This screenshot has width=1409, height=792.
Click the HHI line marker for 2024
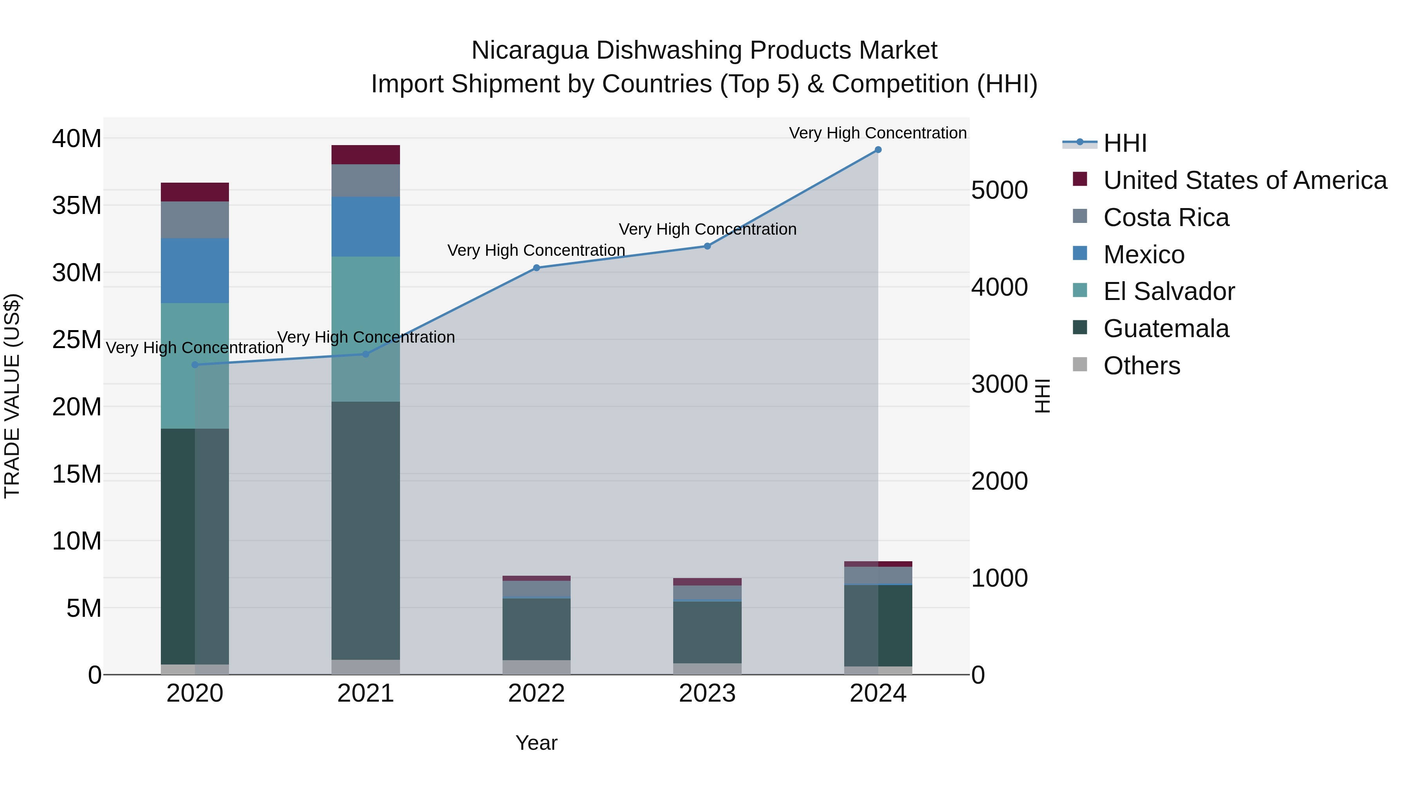click(878, 150)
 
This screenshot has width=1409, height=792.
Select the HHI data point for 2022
click(537, 268)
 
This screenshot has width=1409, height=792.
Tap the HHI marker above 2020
click(195, 365)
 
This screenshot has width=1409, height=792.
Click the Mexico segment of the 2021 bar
click(366, 226)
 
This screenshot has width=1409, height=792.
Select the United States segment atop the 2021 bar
click(366, 154)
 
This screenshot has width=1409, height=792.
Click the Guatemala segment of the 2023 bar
click(707, 632)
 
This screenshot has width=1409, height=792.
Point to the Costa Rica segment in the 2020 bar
click(195, 220)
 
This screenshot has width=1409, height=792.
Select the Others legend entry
click(1142, 366)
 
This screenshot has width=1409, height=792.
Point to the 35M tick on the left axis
click(77, 205)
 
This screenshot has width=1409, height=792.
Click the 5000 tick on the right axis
click(999, 191)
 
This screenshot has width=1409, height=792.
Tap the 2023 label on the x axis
click(707, 693)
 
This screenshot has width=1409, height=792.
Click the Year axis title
click(536, 743)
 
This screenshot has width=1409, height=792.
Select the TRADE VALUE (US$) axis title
click(12, 396)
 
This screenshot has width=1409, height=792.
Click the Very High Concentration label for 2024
click(877, 133)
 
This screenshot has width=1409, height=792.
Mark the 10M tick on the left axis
click(77, 541)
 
